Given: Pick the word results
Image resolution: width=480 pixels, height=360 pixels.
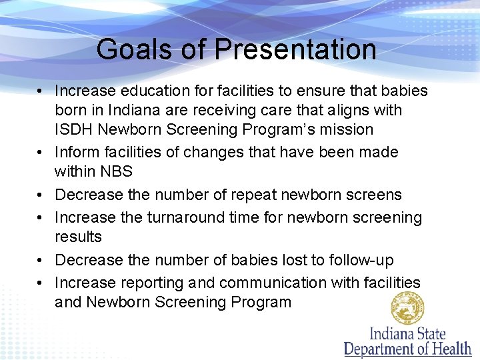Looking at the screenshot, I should pos(78,237).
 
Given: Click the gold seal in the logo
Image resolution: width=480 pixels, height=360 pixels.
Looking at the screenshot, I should pos(408,308).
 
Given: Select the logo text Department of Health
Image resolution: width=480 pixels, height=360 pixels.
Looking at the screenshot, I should pos(407,348).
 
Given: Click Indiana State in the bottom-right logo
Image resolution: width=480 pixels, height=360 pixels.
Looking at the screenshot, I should pos(407,332).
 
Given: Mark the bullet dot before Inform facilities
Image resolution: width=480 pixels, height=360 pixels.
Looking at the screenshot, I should pos(41,153).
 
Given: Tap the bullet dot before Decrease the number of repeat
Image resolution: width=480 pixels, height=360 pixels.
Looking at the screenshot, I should pos(41,195).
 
